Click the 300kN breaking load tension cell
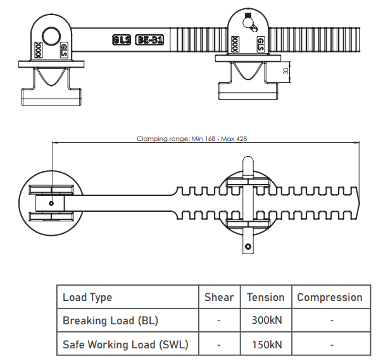[x=266, y=321]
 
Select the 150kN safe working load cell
[x=266, y=345]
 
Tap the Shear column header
[x=219, y=297]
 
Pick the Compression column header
[x=330, y=298]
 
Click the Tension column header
[x=266, y=297]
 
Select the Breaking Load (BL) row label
[x=110, y=321]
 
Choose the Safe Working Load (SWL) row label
[x=125, y=345]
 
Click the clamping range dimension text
[x=192, y=138]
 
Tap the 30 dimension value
[x=285, y=71]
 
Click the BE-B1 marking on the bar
[x=149, y=40]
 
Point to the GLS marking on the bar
[x=122, y=40]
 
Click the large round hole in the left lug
[x=51, y=37]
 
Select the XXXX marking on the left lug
[x=38, y=50]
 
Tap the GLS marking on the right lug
[x=261, y=44]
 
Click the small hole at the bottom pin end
[x=248, y=247]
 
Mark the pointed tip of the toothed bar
[x=360, y=204]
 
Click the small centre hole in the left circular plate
[x=51, y=204]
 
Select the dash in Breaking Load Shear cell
[x=218, y=321]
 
